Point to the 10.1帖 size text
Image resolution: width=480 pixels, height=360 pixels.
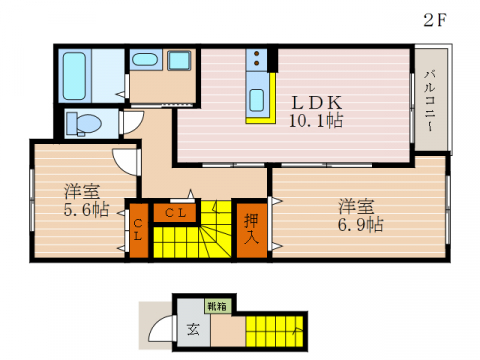[x=318, y=122]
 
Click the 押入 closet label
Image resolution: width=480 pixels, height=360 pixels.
[x=251, y=230]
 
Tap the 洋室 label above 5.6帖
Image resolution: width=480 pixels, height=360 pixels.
[x=82, y=190]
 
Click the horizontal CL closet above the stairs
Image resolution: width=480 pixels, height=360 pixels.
[x=176, y=211]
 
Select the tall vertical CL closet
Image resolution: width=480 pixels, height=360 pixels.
[x=137, y=231]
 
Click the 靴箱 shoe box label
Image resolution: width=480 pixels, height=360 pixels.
[x=215, y=305]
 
